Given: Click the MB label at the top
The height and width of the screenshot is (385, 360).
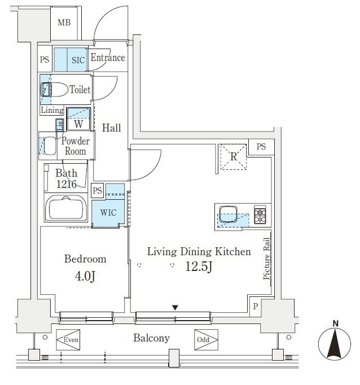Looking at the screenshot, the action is tap(64, 23).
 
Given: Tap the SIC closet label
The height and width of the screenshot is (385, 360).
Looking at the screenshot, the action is tap(78, 60).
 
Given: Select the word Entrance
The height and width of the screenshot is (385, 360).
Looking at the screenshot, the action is tap(108, 58).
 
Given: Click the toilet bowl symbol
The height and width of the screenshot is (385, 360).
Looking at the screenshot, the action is tap(55, 90).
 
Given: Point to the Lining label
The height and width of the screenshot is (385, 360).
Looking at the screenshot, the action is tap(52, 110).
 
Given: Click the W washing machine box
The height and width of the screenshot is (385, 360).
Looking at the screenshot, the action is tap(78, 119).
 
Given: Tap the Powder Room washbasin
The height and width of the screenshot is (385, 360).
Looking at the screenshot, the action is tap(50, 146).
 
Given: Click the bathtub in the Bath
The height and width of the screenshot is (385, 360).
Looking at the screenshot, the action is tap(66, 208).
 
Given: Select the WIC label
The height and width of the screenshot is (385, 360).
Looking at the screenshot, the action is tap(108, 213).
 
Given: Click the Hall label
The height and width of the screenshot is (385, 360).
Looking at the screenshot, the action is tap(111, 128).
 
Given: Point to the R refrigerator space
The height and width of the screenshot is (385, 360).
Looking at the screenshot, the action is tap(234, 156).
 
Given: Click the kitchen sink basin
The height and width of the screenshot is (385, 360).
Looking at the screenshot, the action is tap(228, 214).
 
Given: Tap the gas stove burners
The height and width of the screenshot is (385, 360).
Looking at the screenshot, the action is tap(260, 215).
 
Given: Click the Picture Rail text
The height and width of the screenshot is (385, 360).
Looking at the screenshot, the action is tap(267, 259).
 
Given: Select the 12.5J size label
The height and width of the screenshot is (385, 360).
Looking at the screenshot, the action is tap(199, 266).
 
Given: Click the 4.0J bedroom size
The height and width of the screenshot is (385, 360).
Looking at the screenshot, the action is tap(85, 276).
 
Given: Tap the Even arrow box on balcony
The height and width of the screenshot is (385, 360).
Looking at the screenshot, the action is tap(68, 340).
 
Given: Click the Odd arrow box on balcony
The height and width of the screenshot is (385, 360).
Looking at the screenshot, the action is tap(206, 340).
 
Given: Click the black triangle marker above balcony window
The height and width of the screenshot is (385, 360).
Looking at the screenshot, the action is tap(175, 308).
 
